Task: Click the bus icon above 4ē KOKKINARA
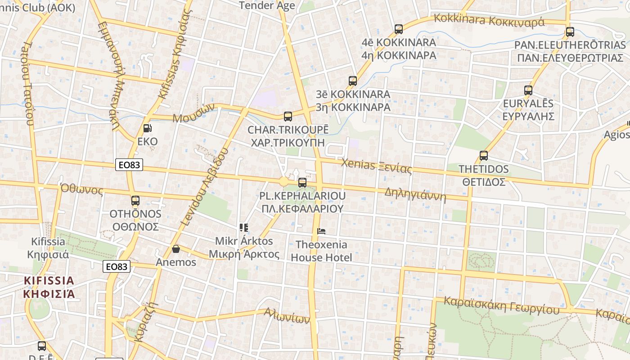[x=398, y=29]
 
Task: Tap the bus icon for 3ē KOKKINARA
[x=353, y=81]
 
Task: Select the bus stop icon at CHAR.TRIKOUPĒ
[x=288, y=117]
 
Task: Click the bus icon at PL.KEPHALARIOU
[x=302, y=182]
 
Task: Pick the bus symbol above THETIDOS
[x=484, y=156]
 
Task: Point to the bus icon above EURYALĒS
[x=528, y=90]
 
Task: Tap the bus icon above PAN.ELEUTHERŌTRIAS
[x=570, y=32]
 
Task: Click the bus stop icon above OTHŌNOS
[x=135, y=201]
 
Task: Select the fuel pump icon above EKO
[x=147, y=128]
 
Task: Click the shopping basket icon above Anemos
[x=176, y=249]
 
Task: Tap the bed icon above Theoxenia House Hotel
[x=321, y=231]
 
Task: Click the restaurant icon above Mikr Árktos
[x=244, y=228]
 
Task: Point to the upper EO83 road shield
[x=129, y=165]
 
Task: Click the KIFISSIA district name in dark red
[x=49, y=287]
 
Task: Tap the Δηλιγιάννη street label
[x=415, y=195]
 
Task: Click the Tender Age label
[x=267, y=5]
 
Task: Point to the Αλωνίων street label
[x=287, y=315]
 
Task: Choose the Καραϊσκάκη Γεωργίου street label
[x=501, y=306]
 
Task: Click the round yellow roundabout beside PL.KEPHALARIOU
[x=283, y=182]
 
